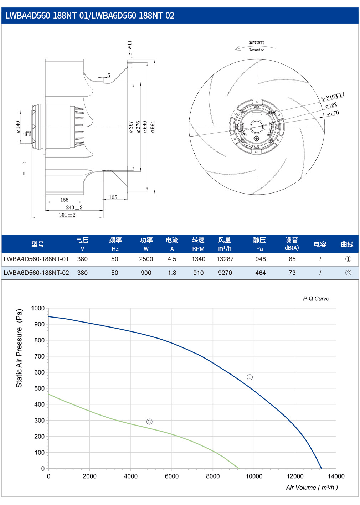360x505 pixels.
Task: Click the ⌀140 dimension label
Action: [18, 127]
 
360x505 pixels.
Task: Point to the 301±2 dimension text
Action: [67, 215]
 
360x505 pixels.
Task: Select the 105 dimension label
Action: [113, 197]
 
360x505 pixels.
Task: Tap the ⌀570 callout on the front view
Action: [333, 113]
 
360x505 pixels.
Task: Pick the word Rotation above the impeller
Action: [257, 50]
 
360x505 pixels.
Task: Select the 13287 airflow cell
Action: [225, 259]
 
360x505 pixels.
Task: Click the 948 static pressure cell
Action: [260, 259]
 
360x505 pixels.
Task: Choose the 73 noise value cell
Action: [292, 273]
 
